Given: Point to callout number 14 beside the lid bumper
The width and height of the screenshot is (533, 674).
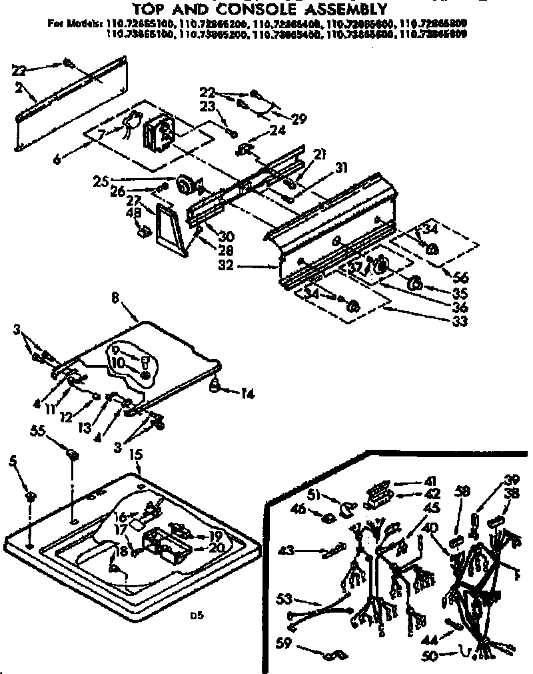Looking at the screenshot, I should pos(248,394).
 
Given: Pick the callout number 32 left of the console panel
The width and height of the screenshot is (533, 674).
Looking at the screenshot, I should pos(227,266).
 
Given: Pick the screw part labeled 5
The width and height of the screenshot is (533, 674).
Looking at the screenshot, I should pos(31,497).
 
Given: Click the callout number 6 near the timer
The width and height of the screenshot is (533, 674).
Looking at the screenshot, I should pos(57,160).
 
